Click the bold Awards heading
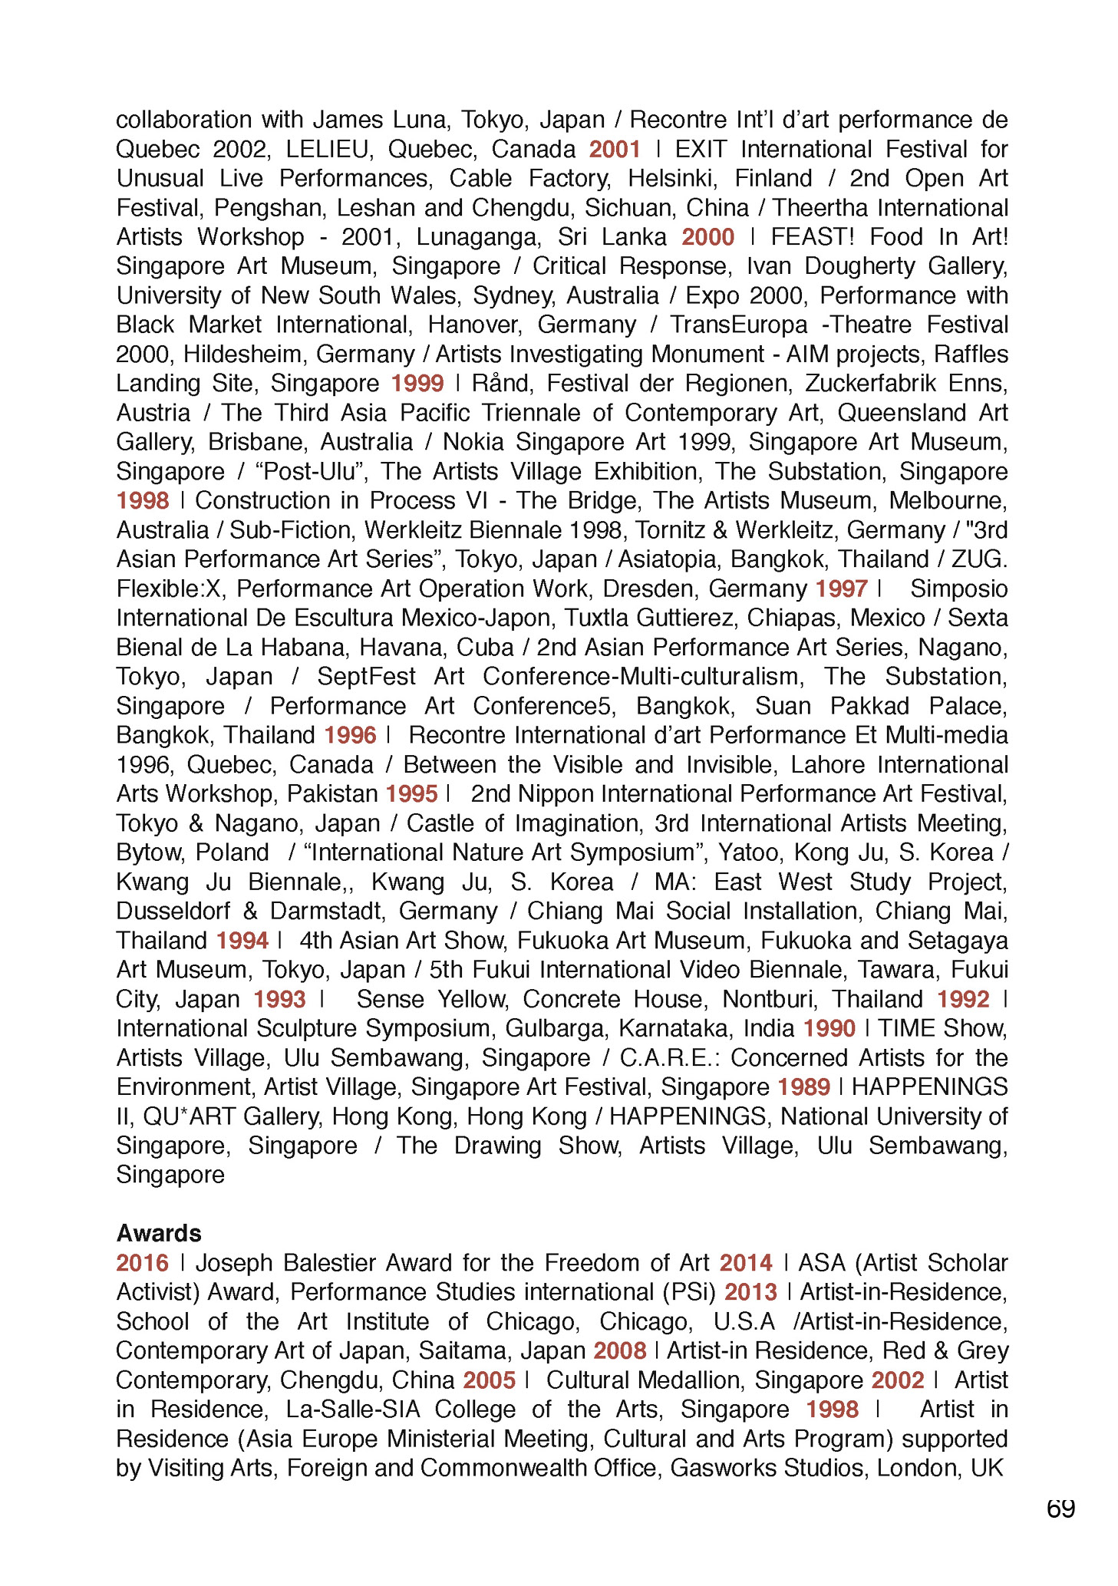click(159, 1233)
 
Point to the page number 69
click(1060, 1509)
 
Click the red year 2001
click(615, 149)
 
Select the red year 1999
click(417, 383)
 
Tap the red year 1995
click(411, 793)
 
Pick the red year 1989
click(803, 1086)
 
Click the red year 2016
click(142, 1263)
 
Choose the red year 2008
click(619, 1350)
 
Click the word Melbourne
click(948, 500)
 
